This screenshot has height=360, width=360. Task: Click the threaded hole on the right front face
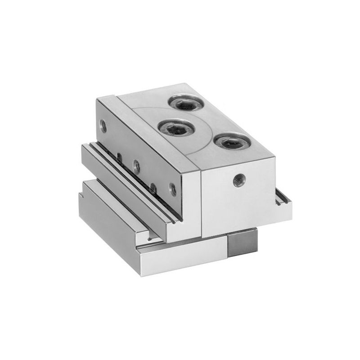pyautogui.click(x=237, y=180)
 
